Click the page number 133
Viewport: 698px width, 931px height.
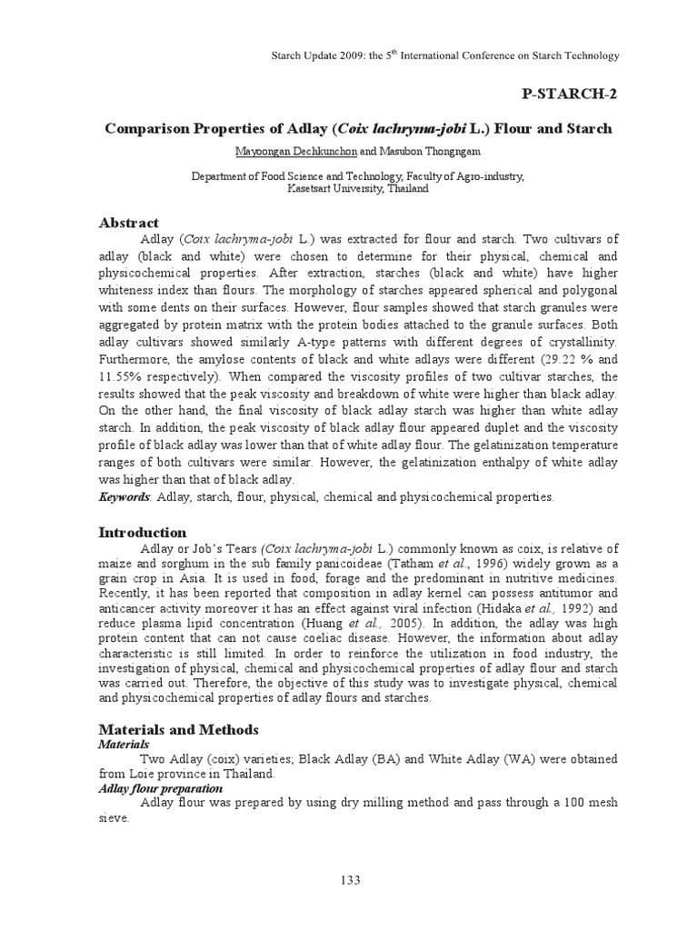349,879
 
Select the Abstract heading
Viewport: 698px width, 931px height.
128,223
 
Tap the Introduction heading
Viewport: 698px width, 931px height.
143,532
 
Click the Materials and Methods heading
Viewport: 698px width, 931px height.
178,729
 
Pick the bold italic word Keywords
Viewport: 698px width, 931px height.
125,496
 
